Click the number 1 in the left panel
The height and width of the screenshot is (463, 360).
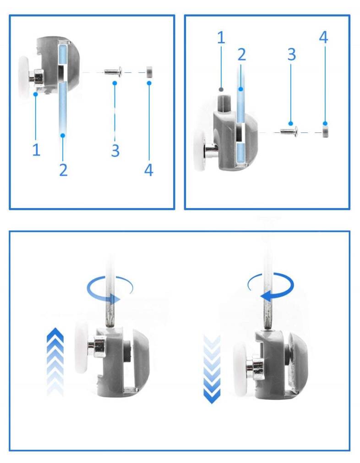(x=36, y=150)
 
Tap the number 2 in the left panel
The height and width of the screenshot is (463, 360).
(x=63, y=170)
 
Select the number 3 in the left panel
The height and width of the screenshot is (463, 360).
(x=115, y=150)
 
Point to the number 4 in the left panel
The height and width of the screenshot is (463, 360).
(x=149, y=170)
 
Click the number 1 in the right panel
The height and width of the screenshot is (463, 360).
(x=221, y=38)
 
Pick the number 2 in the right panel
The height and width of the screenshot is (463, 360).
(x=241, y=55)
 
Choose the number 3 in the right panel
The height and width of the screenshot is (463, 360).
(x=292, y=55)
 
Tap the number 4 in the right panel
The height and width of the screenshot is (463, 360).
(x=324, y=38)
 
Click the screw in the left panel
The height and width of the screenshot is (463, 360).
(x=113, y=71)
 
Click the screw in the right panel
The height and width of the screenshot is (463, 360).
(x=289, y=130)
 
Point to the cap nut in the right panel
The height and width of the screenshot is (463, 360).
(x=326, y=131)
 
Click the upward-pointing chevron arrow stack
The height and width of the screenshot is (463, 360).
(x=55, y=361)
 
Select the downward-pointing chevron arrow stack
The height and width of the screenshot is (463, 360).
(x=212, y=369)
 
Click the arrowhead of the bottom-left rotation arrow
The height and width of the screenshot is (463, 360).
(x=115, y=299)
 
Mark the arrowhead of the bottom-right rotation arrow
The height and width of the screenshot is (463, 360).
(x=266, y=296)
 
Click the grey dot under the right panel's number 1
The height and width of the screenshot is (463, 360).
(x=221, y=89)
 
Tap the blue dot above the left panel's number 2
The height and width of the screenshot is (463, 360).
(x=63, y=136)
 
